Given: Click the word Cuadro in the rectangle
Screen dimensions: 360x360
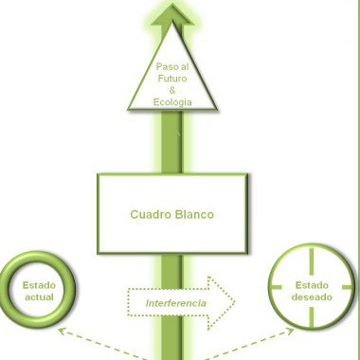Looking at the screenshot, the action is tap(151, 214).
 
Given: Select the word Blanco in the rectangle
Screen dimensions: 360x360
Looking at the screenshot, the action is tap(194, 214).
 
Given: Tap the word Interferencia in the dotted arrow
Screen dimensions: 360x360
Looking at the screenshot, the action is tap(176, 303).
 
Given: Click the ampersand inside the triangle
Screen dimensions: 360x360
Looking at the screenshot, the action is tap(172, 90).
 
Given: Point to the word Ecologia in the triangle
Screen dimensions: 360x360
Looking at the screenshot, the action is tap(172, 102).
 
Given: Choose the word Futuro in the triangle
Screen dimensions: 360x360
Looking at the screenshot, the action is tap(172, 79).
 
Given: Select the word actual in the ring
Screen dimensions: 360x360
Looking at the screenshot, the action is tap(39, 297).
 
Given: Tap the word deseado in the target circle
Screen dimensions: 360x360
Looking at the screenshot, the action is tap(312, 297).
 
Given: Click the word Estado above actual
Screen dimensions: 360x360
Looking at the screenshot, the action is tap(39, 285).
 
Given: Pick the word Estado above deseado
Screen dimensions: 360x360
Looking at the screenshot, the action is tap(312, 285).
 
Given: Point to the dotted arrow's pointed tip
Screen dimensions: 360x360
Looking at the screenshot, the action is tap(235, 302).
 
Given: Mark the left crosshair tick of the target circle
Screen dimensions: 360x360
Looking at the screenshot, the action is tap(276, 287).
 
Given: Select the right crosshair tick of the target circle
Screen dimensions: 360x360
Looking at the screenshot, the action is tap(347, 287).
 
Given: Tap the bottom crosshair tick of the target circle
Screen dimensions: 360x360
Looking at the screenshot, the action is tap(312, 317).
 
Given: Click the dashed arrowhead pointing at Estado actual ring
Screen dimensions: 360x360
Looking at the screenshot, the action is tap(62, 331).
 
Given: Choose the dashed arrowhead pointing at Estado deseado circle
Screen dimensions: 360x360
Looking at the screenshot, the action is tap(290, 331).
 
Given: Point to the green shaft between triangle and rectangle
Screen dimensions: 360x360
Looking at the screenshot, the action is tap(171, 142).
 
